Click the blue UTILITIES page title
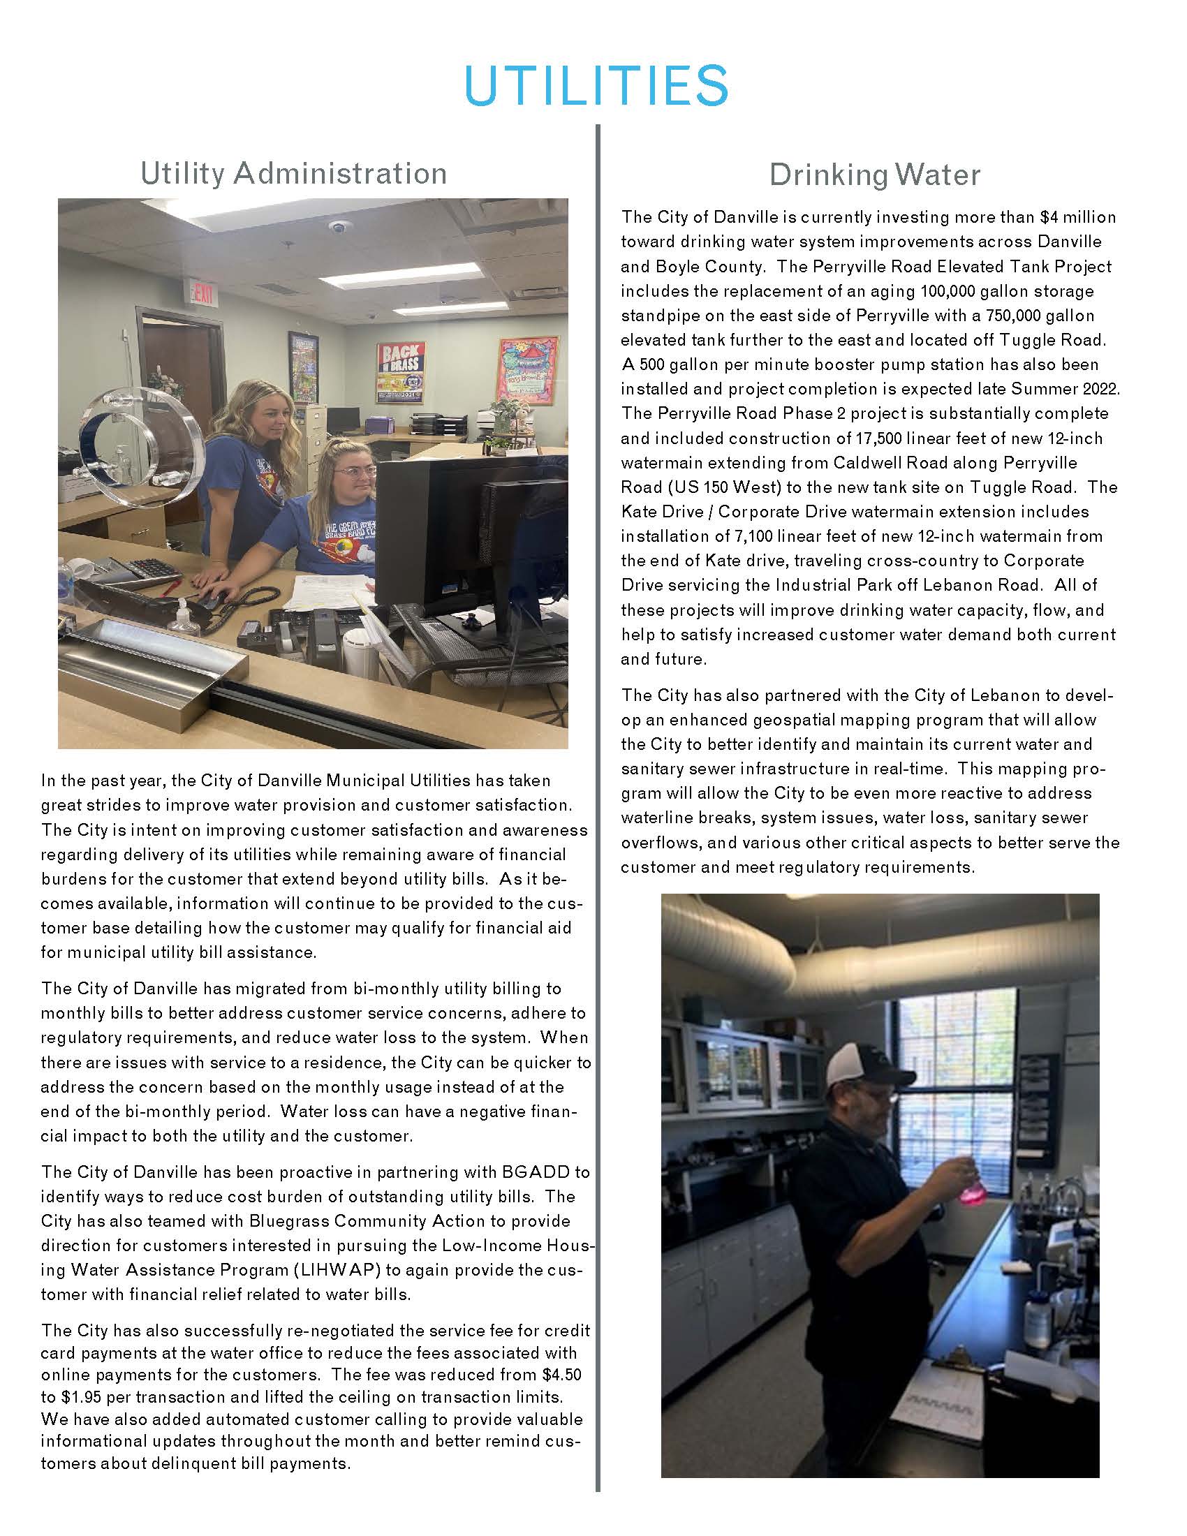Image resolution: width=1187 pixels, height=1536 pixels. click(596, 86)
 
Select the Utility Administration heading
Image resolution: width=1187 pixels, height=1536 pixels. click(293, 173)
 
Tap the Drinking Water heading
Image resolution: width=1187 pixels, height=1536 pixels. click(874, 175)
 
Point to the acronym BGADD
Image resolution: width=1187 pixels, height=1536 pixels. click(545, 1172)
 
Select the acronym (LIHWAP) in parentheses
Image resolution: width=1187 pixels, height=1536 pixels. click(308, 1269)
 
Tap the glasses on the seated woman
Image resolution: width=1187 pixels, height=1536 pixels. click(357, 471)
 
